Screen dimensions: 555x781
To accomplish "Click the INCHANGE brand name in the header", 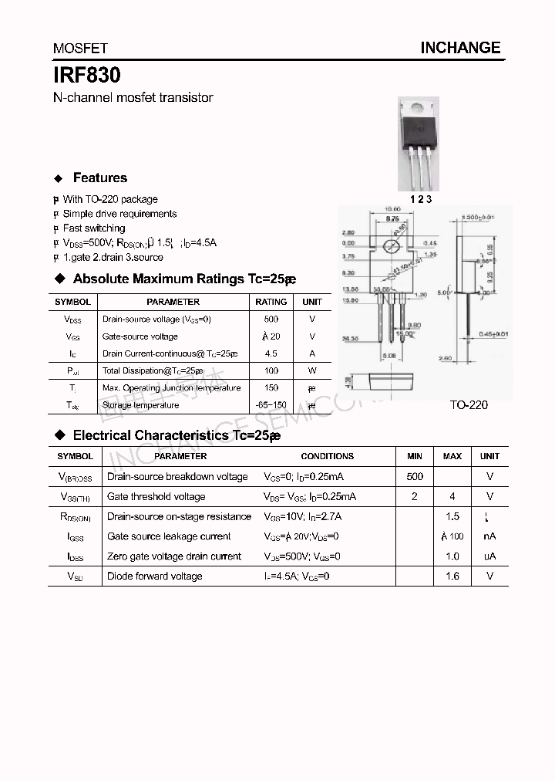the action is point(460,48).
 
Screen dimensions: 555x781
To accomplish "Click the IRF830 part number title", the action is point(86,76).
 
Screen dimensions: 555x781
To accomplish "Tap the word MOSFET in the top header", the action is point(80,49).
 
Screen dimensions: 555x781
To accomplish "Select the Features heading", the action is point(99,177).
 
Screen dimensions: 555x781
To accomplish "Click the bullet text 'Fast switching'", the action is point(94,228).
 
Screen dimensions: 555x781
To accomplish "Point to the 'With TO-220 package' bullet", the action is point(110,199).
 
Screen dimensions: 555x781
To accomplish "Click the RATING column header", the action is point(271,302).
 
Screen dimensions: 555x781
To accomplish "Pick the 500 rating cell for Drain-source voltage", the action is point(271,319).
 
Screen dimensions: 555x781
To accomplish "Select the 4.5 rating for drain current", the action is point(271,353).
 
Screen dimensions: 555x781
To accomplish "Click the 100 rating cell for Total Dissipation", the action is point(271,370).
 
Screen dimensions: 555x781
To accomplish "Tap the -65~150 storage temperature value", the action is point(271,404).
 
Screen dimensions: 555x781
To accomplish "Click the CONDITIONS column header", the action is point(327,456).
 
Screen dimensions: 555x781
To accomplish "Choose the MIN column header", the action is point(415,456).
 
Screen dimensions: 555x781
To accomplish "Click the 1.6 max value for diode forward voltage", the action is point(452,576).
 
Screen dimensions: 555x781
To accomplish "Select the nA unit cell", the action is point(489,536).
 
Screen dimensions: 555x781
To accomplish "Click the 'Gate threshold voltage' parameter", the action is point(156,497).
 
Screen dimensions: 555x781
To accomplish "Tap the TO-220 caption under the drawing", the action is point(469,404).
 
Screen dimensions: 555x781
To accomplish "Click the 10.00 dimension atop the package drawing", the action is point(393,209).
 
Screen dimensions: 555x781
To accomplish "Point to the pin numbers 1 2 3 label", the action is point(421,198).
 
